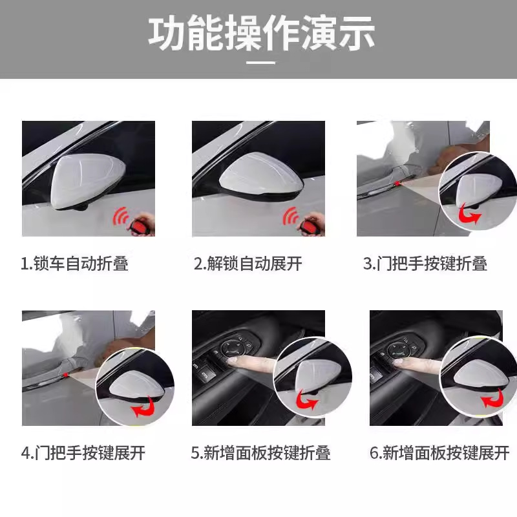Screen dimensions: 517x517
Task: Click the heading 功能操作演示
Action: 262,33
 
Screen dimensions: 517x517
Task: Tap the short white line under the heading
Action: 261,62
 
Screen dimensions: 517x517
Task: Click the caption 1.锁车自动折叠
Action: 74,264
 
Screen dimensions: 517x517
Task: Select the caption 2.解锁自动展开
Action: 248,264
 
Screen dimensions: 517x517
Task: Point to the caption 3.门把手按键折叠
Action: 425,264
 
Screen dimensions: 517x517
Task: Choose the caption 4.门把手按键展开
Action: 83,453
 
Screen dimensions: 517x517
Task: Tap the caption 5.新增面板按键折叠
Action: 260,453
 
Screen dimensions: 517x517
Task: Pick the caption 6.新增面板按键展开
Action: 439,453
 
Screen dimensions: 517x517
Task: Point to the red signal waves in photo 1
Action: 121,216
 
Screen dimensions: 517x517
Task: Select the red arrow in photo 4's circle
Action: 143,408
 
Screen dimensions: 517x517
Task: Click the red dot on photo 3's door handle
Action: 397,184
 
